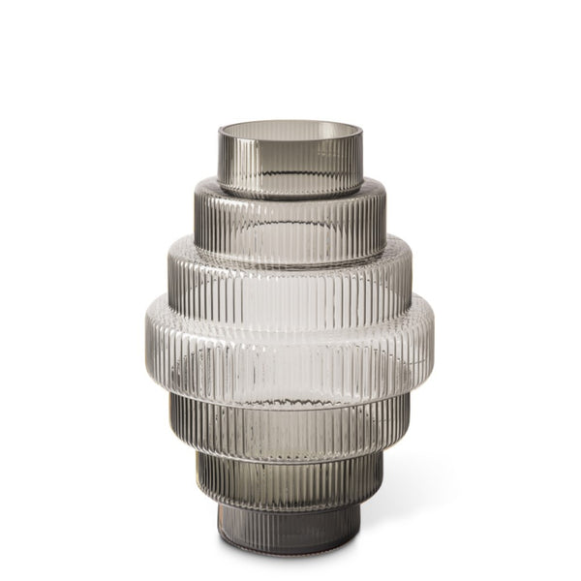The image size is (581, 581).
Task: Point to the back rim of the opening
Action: point(290,123)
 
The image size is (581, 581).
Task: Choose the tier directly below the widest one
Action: point(290,422)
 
